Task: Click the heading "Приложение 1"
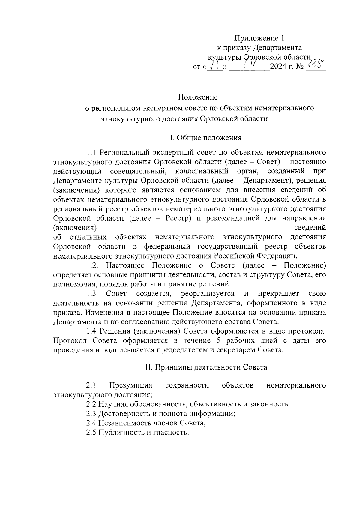(x=259, y=38)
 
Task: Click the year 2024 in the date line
(x=279, y=66)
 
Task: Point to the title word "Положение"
(x=198, y=97)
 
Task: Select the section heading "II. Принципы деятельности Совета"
(x=206, y=367)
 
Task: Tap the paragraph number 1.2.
(x=92, y=265)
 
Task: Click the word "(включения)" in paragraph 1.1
(x=75, y=228)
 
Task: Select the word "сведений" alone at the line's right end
(x=310, y=228)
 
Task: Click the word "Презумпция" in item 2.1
(x=131, y=385)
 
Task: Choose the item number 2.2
(x=91, y=404)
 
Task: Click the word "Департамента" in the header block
(x=277, y=48)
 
